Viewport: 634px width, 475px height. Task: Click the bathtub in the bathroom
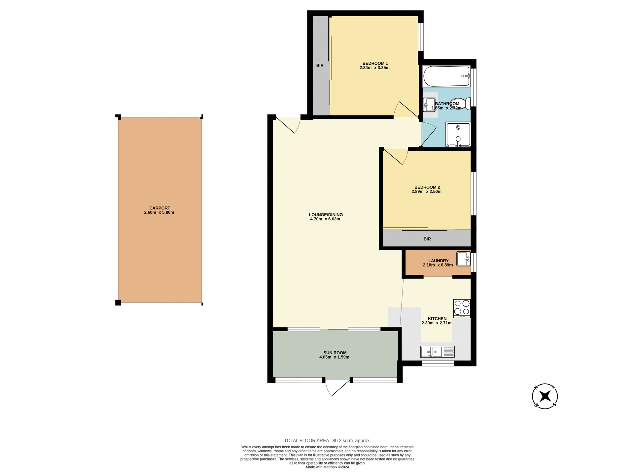[x=446, y=76]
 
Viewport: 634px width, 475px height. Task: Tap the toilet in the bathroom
[x=460, y=104]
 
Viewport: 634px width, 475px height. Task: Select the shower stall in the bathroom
[x=458, y=134]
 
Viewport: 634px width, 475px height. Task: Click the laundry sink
[x=463, y=259]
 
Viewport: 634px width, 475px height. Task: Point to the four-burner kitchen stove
[x=462, y=308]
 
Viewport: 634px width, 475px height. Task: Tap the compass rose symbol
[x=545, y=396]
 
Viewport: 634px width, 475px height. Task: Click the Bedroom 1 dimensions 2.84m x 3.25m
[x=374, y=68]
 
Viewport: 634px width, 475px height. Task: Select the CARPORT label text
[x=159, y=208]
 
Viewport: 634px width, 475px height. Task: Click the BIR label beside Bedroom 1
[x=320, y=66]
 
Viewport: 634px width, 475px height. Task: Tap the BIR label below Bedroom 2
[x=427, y=239]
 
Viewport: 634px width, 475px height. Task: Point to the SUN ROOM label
[x=335, y=353]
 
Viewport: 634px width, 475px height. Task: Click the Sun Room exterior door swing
[x=337, y=388]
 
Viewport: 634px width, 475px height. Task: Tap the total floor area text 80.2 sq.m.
[x=327, y=441]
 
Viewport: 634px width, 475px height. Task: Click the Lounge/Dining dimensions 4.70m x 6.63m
[x=325, y=219]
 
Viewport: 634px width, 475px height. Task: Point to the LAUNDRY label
[x=438, y=261]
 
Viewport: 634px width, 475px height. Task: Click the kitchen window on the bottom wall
[x=438, y=364]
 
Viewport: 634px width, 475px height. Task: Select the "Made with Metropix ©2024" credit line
[x=327, y=467]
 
